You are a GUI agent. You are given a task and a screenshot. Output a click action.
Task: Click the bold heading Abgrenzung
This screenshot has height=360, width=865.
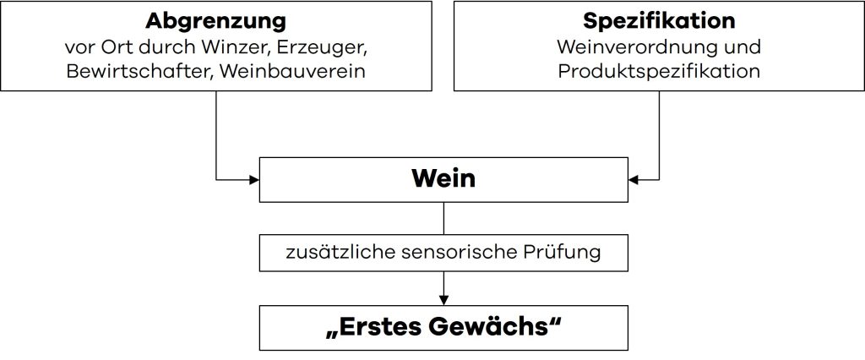[x=215, y=19]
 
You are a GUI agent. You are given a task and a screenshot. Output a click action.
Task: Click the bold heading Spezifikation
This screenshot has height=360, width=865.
[x=659, y=19]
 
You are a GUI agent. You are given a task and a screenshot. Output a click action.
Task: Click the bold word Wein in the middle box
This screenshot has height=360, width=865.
[x=443, y=178]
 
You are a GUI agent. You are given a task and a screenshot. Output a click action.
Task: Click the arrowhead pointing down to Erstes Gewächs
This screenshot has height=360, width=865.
[x=443, y=298]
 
